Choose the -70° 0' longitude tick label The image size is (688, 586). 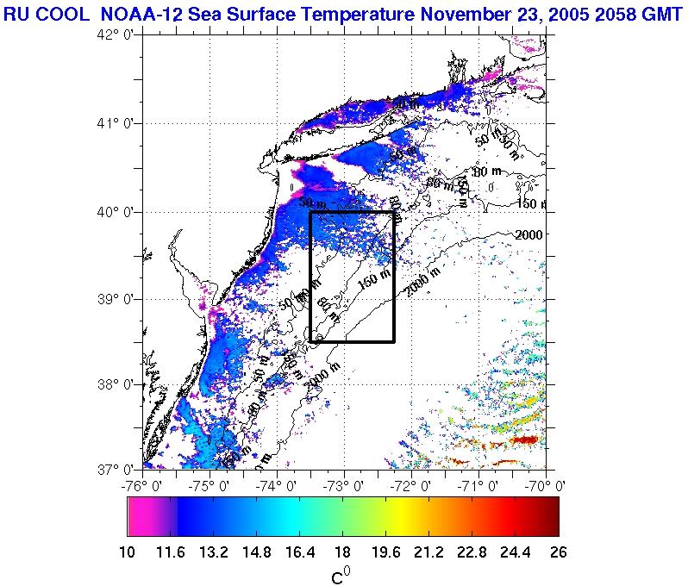[545, 485]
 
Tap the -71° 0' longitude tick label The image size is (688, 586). [478, 485]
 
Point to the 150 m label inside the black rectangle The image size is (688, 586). [373, 282]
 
